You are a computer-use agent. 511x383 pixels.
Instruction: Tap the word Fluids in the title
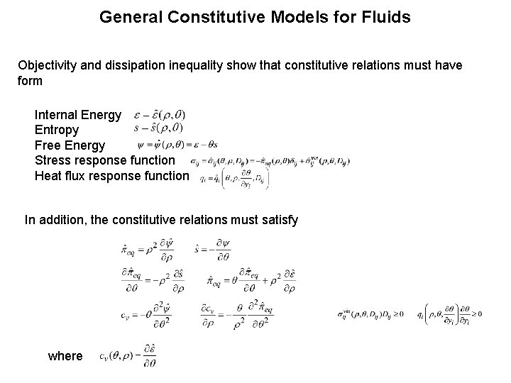coord(388,16)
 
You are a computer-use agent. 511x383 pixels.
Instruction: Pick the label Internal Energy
coord(78,115)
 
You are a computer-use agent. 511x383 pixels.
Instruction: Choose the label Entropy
coord(57,131)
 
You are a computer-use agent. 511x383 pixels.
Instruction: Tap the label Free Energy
coord(70,145)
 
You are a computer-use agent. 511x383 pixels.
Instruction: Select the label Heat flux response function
coord(111,176)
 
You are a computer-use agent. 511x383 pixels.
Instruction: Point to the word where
coord(65,356)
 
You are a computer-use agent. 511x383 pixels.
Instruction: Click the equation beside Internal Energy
coord(160,114)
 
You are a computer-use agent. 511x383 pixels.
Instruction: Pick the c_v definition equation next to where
coord(128,356)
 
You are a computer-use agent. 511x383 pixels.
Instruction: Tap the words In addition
coord(53,221)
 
